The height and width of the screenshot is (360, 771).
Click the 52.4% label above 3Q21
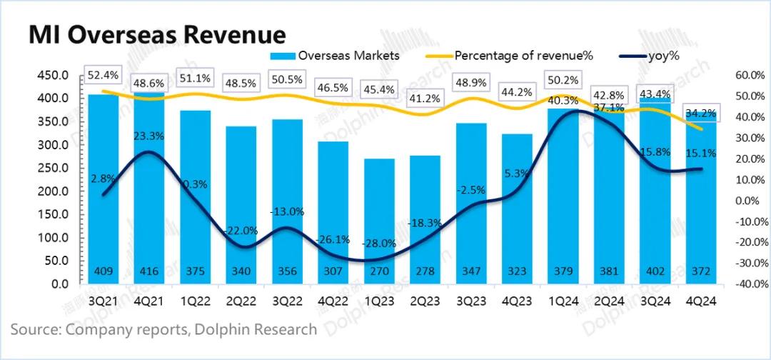[103, 74]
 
